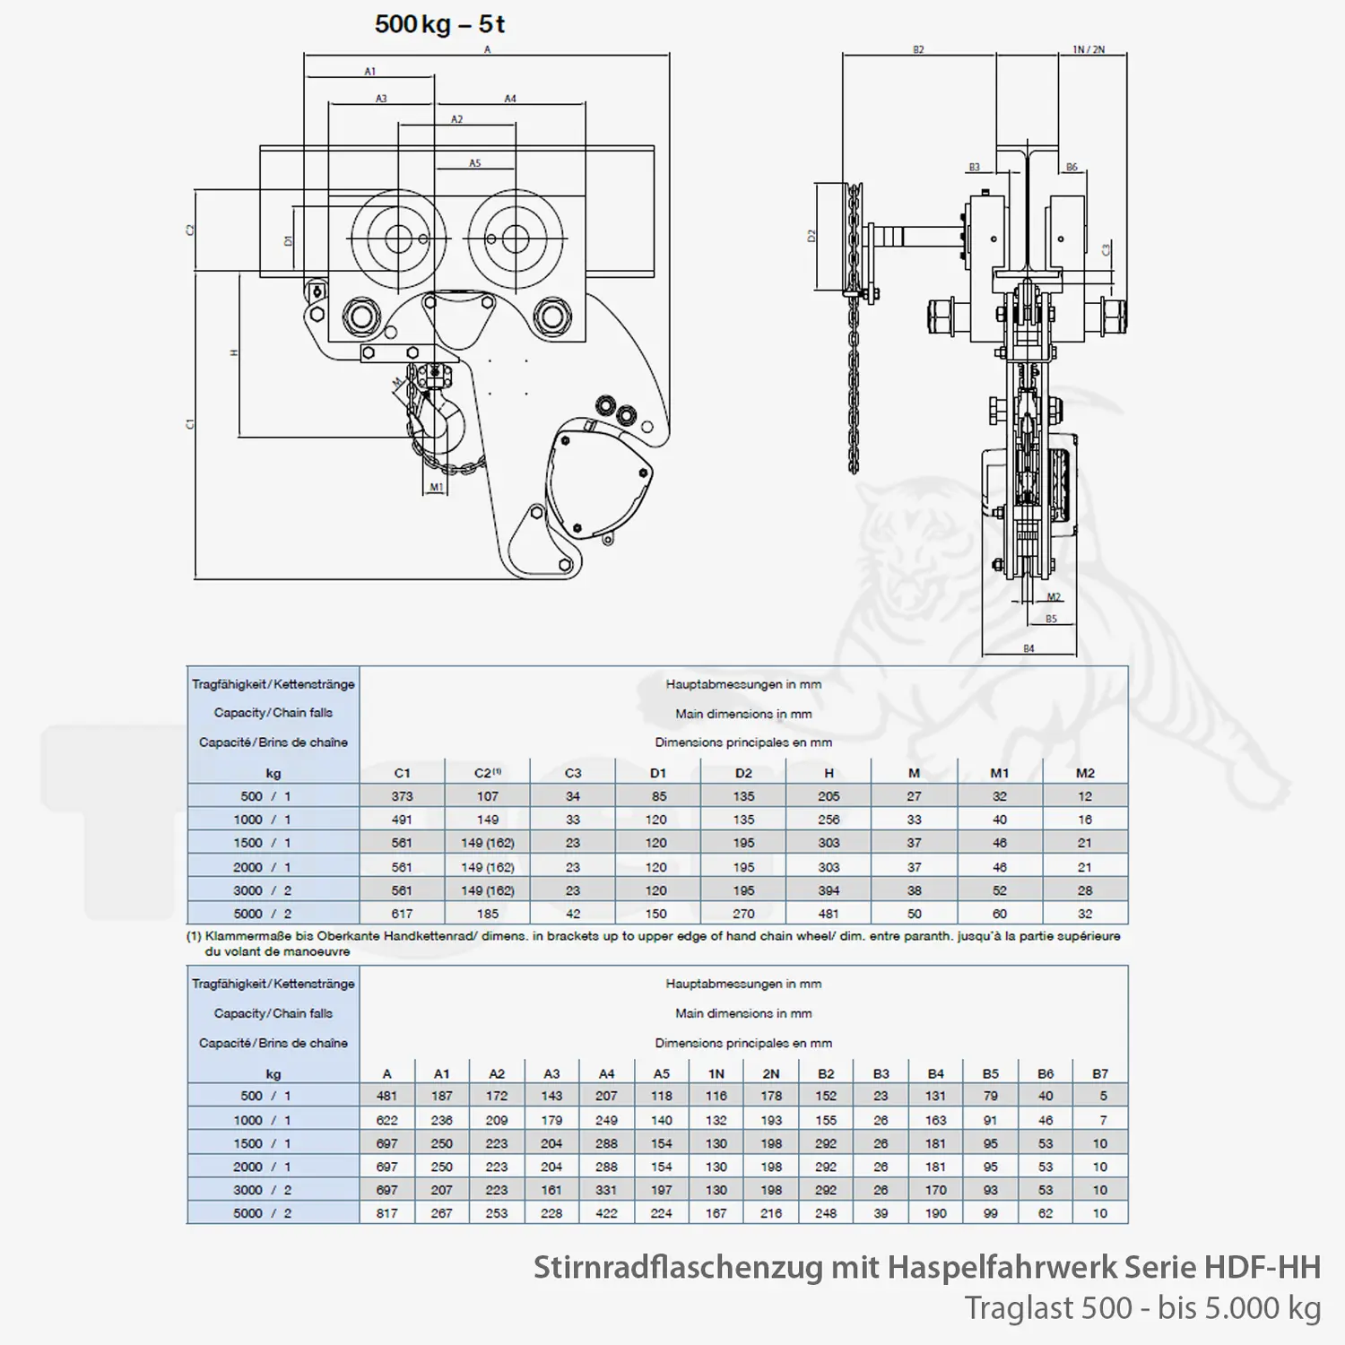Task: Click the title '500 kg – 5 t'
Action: (x=439, y=24)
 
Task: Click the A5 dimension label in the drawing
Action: (x=475, y=163)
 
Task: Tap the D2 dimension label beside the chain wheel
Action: (x=812, y=236)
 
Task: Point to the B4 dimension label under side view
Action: (x=1028, y=648)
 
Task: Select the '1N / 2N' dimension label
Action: (x=1089, y=50)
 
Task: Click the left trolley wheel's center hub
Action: (x=397, y=239)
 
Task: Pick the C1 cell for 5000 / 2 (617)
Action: (x=402, y=914)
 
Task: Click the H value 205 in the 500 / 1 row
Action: (x=829, y=796)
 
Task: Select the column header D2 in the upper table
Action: (x=743, y=773)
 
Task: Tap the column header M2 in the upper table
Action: (x=1085, y=773)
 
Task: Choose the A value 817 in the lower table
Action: (x=386, y=1213)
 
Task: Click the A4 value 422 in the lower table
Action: (x=606, y=1213)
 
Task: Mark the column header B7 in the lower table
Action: (x=1100, y=1073)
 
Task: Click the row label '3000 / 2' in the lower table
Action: (x=262, y=1190)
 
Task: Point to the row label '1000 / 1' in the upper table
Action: (x=262, y=820)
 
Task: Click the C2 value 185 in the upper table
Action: (x=487, y=914)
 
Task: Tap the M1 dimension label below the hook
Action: (x=437, y=488)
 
